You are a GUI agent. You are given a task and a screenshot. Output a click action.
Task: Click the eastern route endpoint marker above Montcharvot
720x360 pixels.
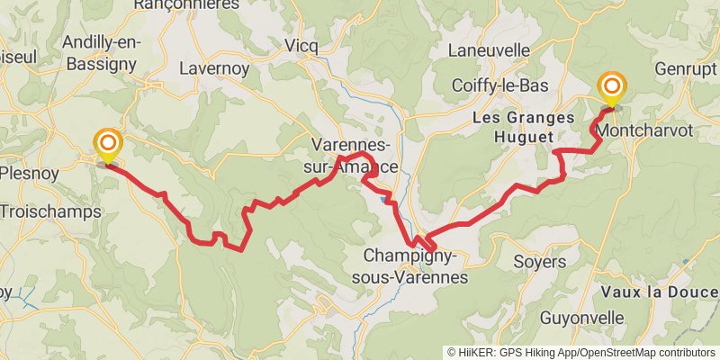[x=613, y=87]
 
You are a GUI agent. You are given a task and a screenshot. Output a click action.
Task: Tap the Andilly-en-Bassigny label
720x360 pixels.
[x=99, y=52]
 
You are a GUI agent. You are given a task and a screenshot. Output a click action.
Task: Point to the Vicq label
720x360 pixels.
[x=301, y=46]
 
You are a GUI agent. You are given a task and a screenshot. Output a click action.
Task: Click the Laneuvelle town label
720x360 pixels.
[x=489, y=50]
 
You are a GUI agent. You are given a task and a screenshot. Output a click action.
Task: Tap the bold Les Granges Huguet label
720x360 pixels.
[x=523, y=127]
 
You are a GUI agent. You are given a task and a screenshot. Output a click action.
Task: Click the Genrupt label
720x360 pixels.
[x=687, y=68]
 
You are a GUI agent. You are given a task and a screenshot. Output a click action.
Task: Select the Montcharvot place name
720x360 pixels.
[x=643, y=130]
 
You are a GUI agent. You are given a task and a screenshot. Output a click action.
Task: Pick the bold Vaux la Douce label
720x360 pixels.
[x=660, y=292]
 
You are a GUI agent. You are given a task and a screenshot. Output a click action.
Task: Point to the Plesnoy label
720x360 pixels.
[x=27, y=173]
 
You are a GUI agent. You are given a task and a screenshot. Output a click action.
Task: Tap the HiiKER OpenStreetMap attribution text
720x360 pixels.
[x=581, y=352]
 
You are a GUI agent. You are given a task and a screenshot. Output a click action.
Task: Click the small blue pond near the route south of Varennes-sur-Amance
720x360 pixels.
[x=385, y=199]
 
